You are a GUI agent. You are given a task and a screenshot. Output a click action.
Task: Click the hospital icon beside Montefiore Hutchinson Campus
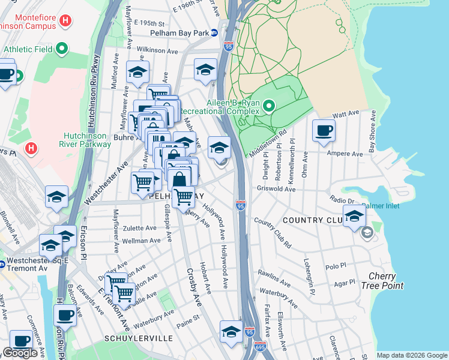(66, 22)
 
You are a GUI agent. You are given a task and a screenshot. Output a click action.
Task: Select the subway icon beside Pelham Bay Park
(214, 33)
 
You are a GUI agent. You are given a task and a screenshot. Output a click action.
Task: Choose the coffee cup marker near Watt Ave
(324, 131)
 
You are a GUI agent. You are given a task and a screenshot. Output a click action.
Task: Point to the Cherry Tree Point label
(382, 280)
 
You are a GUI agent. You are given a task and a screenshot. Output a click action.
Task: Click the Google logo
(20, 353)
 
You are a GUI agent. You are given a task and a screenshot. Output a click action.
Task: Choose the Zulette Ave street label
(140, 229)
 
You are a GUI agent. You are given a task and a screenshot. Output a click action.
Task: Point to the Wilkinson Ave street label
(157, 52)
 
